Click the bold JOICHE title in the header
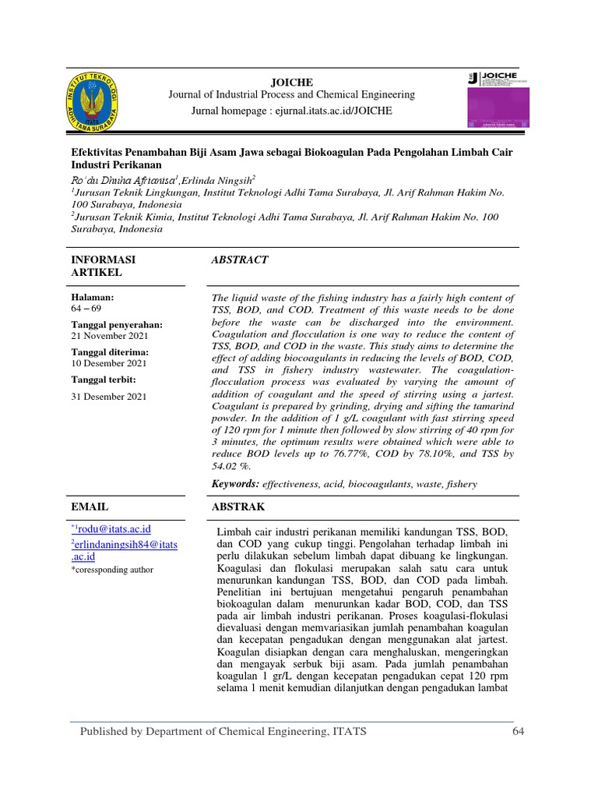(291, 81)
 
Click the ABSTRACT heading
(240, 260)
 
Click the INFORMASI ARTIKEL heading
(103, 266)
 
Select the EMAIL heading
(90, 507)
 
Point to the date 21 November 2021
(109, 336)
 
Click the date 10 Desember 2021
(108, 363)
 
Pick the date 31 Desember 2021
(108, 397)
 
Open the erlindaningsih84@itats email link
(124, 550)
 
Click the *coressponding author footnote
(112, 570)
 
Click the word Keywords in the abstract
(236, 484)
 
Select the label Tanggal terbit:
(104, 380)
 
